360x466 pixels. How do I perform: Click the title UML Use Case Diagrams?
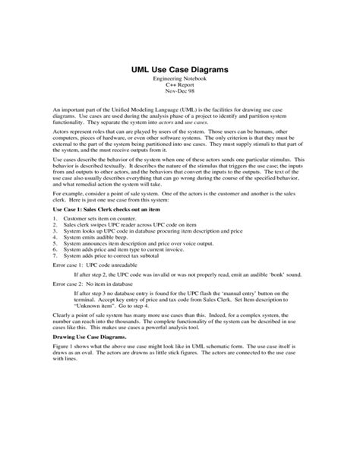[x=179, y=70]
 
